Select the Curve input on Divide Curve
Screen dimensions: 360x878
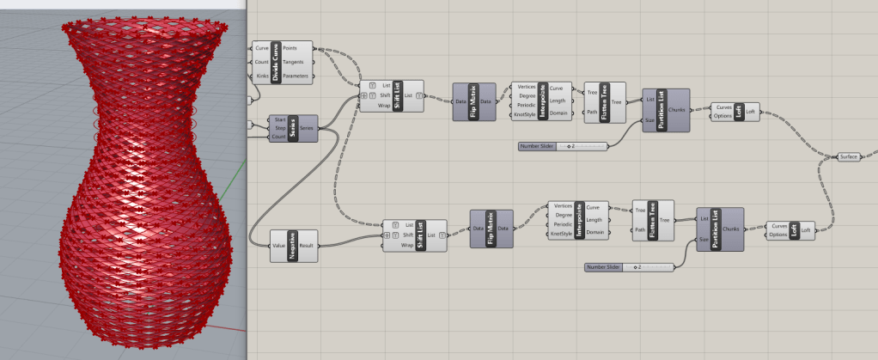(261, 48)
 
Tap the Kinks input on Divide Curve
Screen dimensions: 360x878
(261, 77)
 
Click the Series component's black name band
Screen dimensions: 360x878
(294, 129)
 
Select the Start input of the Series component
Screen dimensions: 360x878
(278, 119)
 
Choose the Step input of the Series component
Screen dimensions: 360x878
(278, 128)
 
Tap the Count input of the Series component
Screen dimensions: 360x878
(278, 137)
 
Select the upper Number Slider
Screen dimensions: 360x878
(563, 146)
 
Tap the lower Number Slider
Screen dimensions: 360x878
(628, 267)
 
